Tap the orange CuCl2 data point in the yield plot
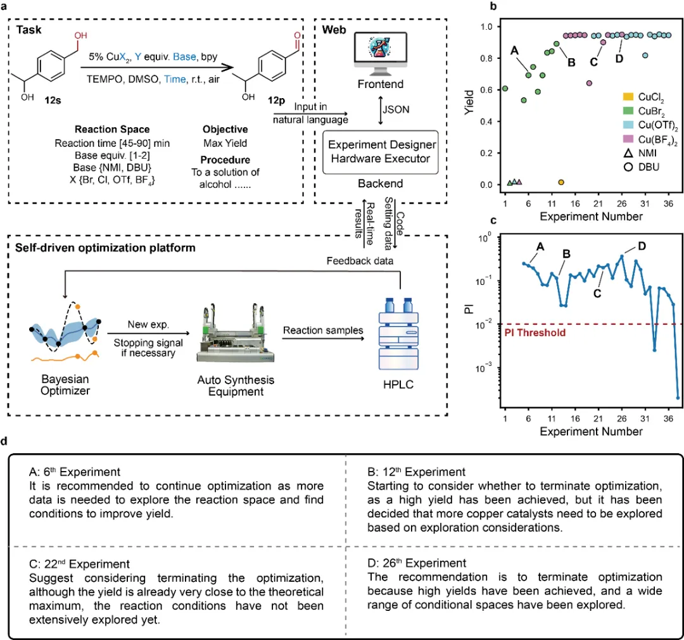point(560,182)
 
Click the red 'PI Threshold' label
point(534,332)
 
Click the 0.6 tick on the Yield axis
point(488,90)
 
